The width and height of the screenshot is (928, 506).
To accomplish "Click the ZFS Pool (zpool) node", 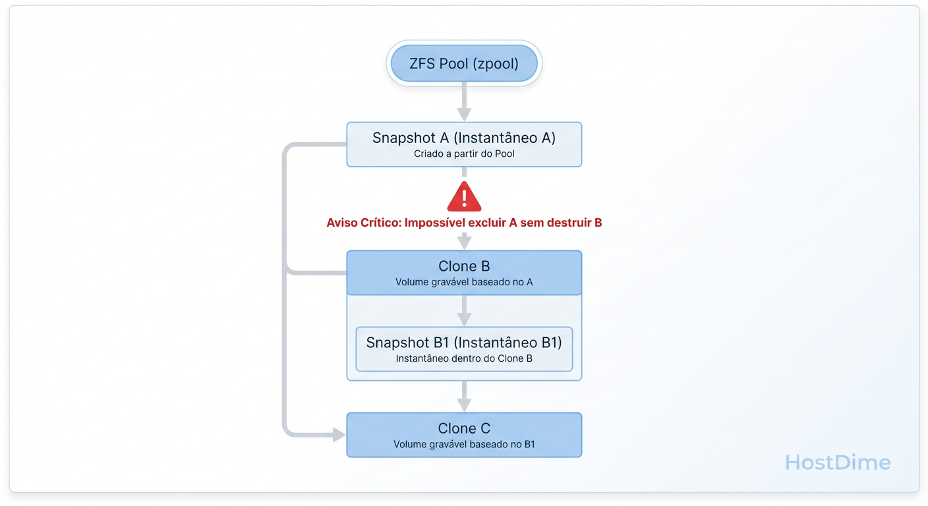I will coord(464,64).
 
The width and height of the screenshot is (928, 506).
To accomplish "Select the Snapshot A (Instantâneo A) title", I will coord(464,138).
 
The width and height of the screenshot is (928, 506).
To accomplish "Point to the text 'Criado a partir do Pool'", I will coord(464,154).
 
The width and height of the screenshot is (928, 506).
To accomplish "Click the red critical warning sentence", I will coord(464,223).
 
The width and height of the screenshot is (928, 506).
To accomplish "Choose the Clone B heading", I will coord(464,266).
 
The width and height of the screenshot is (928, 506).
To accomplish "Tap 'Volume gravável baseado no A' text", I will coord(464,282).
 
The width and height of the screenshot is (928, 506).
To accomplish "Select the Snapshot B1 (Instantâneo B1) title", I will coord(464,343).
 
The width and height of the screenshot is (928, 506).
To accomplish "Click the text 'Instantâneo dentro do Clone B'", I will coord(464,359).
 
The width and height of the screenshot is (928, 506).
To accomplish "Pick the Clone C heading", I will coord(464,428).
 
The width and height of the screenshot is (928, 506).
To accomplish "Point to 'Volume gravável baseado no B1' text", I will coord(464,444).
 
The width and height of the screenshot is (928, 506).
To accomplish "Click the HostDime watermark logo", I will coord(838,463).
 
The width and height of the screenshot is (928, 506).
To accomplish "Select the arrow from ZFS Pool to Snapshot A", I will coord(464,101).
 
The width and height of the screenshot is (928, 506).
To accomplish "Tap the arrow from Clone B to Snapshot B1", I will coord(464,310).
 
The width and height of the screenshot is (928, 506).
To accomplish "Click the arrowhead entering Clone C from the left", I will coord(339,435).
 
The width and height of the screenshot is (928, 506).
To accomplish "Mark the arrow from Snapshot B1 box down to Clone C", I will coord(464,397).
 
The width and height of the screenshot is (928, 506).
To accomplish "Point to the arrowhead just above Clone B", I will coord(464,242).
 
